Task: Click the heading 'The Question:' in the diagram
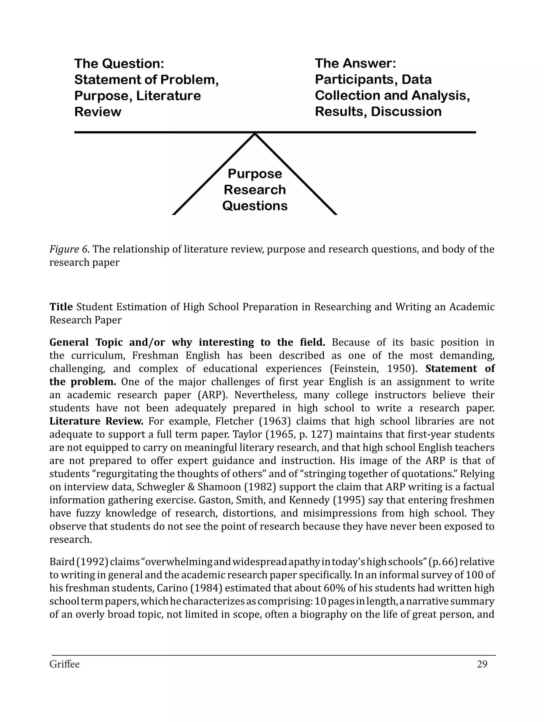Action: [x=119, y=64]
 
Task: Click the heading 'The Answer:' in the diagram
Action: [x=355, y=63]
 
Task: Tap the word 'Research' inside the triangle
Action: [x=254, y=190]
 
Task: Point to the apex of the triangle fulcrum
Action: [x=255, y=134]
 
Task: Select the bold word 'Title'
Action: [x=61, y=307]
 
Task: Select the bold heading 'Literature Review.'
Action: [x=96, y=421]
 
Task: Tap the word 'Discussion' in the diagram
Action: [x=406, y=112]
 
